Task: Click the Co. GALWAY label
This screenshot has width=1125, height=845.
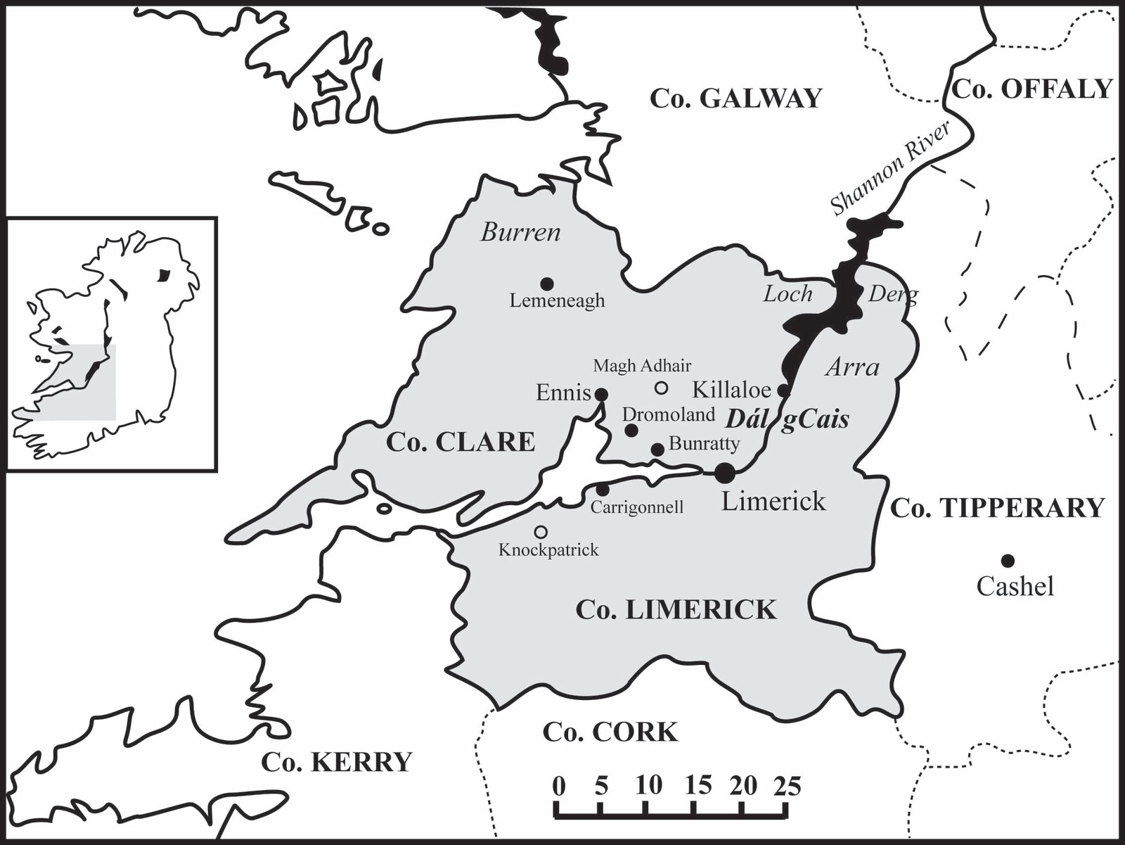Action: (x=735, y=99)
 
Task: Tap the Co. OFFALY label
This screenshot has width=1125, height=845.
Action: (x=1032, y=89)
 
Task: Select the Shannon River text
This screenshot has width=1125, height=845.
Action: (x=890, y=167)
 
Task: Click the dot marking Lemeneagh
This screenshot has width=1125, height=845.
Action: (x=547, y=284)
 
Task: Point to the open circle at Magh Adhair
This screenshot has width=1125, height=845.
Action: (x=661, y=388)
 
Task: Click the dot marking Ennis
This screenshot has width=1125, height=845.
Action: (x=601, y=394)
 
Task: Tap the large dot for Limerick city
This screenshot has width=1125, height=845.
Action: (x=725, y=473)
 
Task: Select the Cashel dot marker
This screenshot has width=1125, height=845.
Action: (x=1008, y=561)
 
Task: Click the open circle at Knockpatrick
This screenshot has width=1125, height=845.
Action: (x=541, y=532)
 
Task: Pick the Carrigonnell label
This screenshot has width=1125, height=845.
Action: (x=636, y=507)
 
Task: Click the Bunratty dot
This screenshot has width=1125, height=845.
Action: (x=657, y=450)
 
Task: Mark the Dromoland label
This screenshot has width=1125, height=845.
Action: (x=668, y=414)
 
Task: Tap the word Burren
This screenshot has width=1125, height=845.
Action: (x=520, y=232)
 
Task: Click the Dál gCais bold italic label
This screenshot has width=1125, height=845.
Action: (x=787, y=419)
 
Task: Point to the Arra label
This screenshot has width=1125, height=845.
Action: (x=852, y=367)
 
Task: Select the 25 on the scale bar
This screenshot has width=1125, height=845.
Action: (x=788, y=786)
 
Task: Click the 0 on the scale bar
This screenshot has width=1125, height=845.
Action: (x=558, y=786)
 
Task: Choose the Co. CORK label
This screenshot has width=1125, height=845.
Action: (x=610, y=732)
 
